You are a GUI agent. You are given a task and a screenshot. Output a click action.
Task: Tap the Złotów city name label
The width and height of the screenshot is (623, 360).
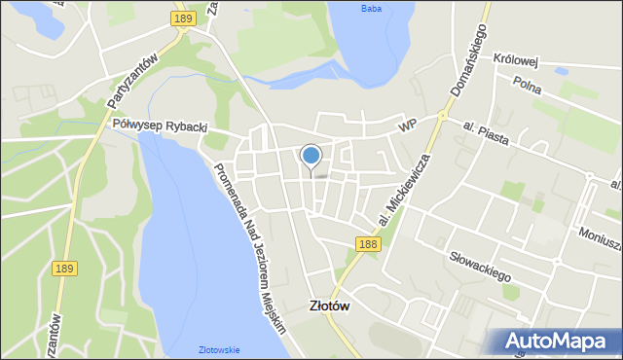tap(330, 305)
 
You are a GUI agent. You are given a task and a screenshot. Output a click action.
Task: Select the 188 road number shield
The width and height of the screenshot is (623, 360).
tap(367, 244)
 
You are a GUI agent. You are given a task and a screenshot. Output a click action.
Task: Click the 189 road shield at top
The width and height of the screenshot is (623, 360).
tap(182, 18)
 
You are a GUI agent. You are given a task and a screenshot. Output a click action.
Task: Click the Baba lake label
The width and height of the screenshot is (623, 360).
tap(371, 10)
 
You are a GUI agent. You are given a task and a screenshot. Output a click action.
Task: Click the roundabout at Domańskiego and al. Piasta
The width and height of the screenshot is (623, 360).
tap(440, 116)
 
